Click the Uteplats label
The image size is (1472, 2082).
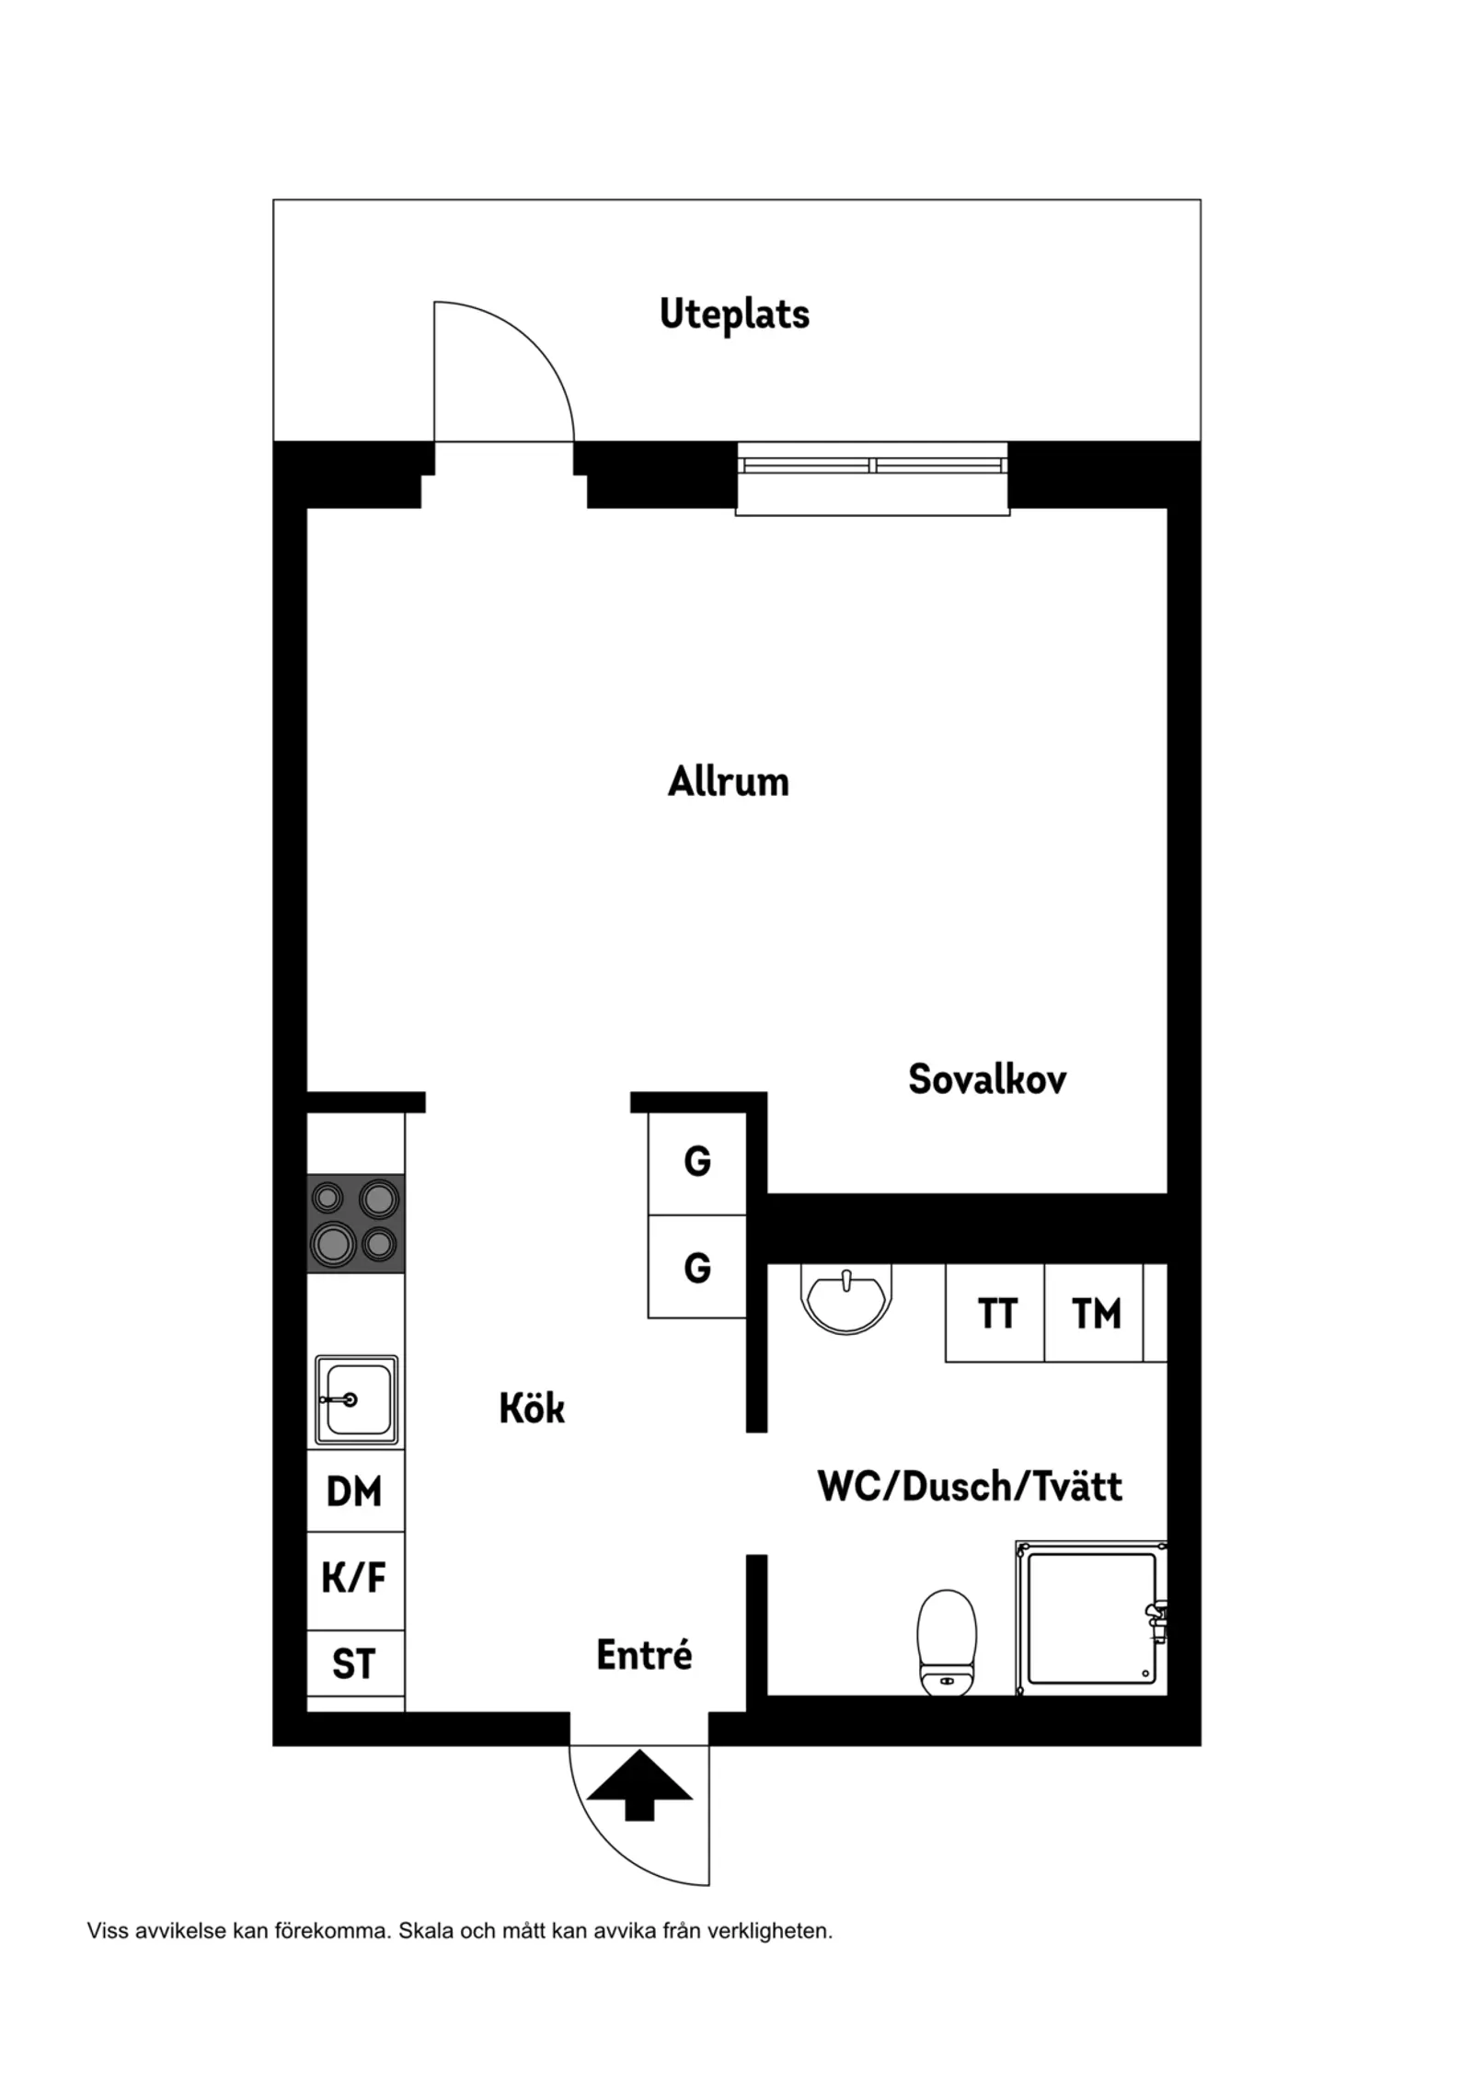point(734,315)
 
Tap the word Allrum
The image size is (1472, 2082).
point(729,782)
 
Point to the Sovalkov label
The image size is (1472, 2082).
point(987,1079)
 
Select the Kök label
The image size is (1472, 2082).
point(532,1408)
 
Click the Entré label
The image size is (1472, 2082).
point(644,1654)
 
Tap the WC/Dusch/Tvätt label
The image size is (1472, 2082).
point(970,1487)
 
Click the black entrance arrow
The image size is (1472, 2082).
point(639,1786)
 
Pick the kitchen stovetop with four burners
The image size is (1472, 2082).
point(355,1224)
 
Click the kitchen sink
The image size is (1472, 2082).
point(356,1399)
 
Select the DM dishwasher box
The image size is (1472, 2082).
point(355,1491)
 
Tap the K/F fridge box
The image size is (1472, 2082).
point(355,1578)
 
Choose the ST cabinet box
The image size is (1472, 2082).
point(355,1663)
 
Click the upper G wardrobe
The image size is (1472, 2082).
point(697,1163)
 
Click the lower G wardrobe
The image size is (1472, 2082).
point(697,1267)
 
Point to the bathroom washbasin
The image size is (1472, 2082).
point(846,1298)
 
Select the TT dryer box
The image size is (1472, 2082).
point(995,1313)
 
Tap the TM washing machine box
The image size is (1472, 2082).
point(1095,1313)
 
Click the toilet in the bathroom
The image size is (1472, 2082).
point(947,1642)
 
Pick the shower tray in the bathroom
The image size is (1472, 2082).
point(1091,1618)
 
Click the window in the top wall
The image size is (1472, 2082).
point(872,478)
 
